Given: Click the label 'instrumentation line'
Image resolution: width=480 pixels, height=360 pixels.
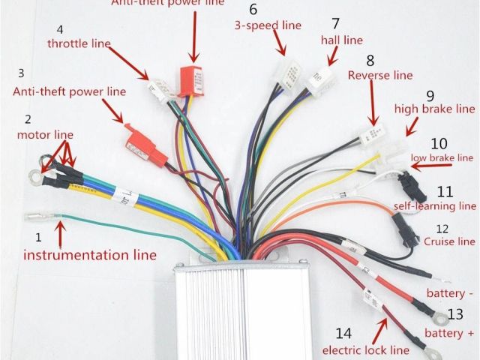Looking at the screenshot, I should point(90,255).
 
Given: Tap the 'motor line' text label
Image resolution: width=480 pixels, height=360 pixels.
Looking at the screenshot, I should point(45,134).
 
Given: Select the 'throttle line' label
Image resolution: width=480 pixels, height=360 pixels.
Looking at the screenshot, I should point(79,44).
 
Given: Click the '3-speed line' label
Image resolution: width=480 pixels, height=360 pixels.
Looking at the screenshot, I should point(267,25).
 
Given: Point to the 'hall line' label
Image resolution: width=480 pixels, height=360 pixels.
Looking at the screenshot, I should point(341,40).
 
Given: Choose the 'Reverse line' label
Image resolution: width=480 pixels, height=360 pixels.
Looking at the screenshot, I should point(380,75).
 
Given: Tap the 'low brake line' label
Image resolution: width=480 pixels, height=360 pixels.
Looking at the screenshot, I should point(442,157).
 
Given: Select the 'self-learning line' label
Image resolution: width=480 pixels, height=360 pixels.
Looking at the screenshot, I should point(435,205).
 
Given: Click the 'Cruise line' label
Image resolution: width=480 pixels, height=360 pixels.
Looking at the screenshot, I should point(449,241).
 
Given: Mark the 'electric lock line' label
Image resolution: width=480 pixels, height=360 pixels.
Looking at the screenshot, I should point(366,349).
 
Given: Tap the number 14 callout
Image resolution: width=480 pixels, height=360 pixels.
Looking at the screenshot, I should point(343,333).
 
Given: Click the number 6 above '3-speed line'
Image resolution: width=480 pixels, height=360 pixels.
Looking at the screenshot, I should point(253,10).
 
